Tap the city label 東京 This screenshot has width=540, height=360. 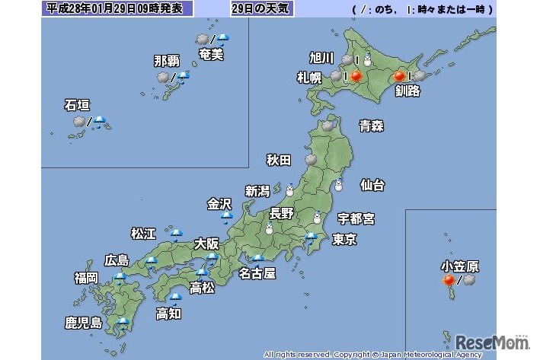[x=345, y=240]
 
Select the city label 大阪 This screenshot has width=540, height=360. [x=206, y=244]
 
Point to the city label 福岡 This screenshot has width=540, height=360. [x=85, y=277]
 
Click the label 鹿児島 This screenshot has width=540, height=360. [x=83, y=323]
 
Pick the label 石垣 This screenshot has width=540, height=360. [x=78, y=106]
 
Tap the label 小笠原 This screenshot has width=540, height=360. [x=459, y=266]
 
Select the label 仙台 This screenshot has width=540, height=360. [x=372, y=185]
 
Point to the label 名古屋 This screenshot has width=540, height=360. [x=257, y=272]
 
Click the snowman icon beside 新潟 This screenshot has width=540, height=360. [x=289, y=190]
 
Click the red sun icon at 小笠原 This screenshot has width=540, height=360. [x=449, y=281]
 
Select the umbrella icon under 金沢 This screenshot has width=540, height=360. [x=226, y=217]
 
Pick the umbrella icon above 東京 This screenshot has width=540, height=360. [x=310, y=238]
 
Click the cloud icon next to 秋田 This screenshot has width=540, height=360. [x=311, y=160]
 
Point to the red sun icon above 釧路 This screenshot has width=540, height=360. [x=398, y=76]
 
